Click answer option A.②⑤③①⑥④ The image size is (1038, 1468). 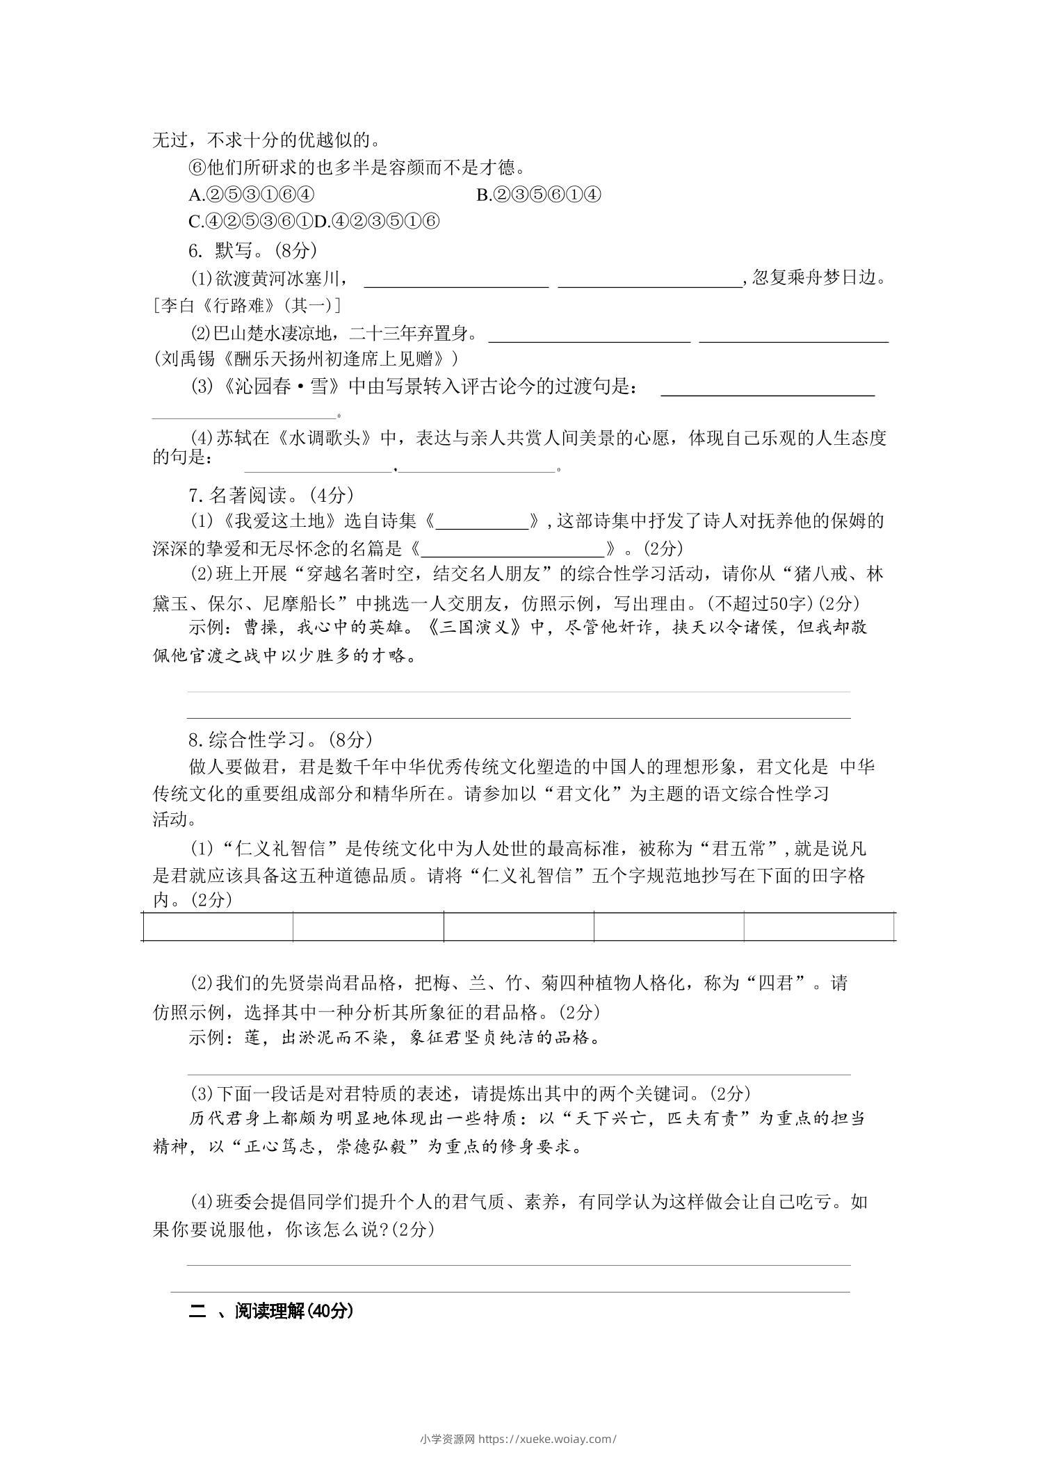point(252,195)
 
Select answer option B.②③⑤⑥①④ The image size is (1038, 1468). point(539,195)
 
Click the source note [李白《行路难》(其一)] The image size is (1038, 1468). point(246,305)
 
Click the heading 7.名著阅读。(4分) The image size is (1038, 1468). point(271,495)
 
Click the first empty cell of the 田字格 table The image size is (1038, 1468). point(218,927)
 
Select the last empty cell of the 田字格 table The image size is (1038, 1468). point(818,927)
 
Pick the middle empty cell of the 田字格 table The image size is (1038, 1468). point(519,927)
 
